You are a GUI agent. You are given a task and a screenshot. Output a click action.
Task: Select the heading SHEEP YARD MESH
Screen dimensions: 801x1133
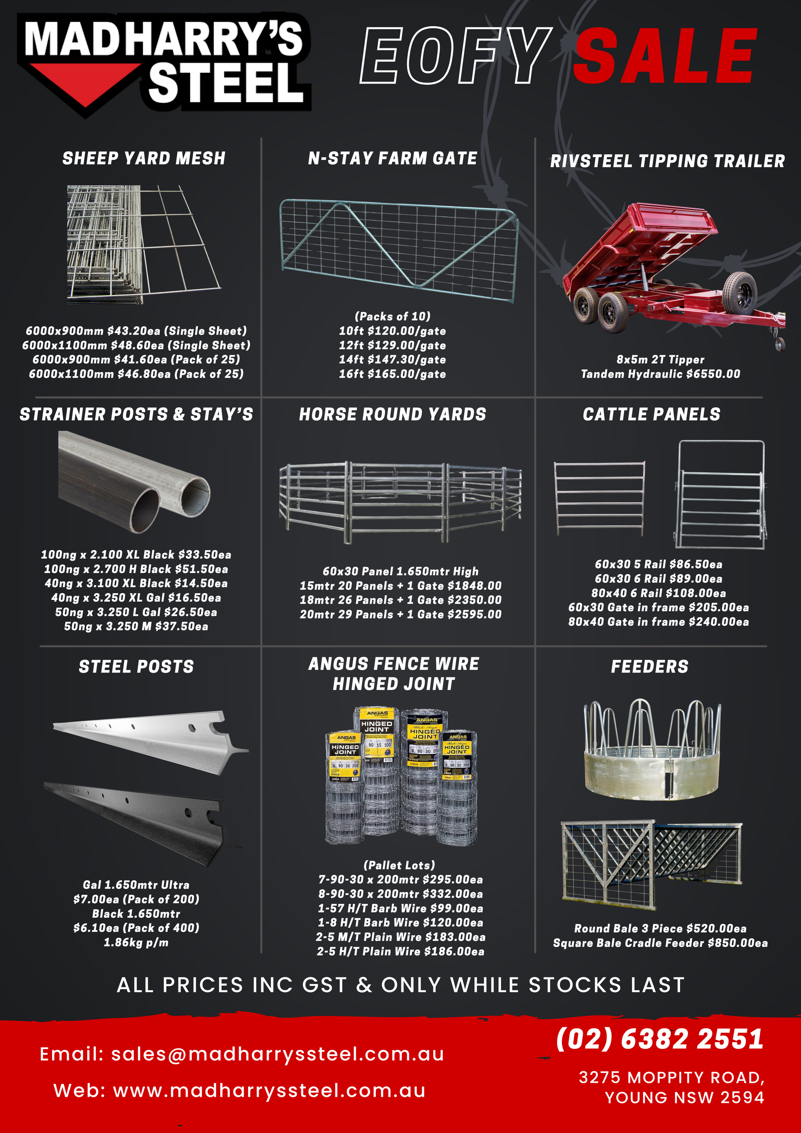click(x=144, y=159)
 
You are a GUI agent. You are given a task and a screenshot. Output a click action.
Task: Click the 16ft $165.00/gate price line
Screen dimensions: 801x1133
click(x=392, y=374)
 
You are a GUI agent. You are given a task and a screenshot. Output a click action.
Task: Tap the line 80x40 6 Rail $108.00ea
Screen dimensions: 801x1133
click(x=658, y=593)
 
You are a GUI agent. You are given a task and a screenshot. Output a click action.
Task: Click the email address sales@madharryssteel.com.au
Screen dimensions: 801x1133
click(x=277, y=1054)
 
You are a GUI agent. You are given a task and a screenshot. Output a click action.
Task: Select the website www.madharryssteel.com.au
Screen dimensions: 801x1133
click(x=269, y=1090)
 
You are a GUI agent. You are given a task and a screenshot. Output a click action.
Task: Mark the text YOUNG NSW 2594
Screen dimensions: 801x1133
click(x=685, y=1098)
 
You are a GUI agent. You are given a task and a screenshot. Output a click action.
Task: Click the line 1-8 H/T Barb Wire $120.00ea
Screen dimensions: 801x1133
click(x=400, y=922)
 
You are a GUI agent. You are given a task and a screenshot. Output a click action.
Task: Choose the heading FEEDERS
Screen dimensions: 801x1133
click(x=650, y=667)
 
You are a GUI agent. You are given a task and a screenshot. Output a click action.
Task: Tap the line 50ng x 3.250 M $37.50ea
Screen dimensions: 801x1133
click(x=136, y=626)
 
